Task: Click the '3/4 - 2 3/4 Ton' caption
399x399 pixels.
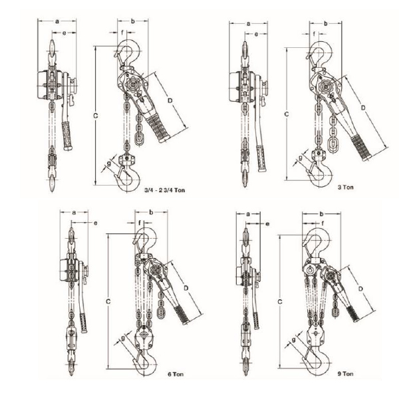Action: coord(165,190)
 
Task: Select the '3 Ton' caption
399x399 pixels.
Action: coord(346,188)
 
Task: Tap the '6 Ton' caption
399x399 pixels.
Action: coord(176,374)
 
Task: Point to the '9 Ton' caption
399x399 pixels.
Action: coord(346,374)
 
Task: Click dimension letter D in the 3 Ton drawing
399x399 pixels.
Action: coord(363,108)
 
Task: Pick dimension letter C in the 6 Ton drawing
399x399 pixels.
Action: coord(108,301)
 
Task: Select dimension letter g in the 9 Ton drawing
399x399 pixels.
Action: coord(293,340)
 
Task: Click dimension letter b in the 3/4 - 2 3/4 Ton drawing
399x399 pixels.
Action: coord(132,21)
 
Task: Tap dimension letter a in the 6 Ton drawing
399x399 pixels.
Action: coord(74,213)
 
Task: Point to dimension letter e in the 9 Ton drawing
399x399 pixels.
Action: coord(267,224)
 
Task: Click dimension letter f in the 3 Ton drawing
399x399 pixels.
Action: coord(314,34)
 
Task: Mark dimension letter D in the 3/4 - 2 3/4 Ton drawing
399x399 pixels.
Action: coord(170,100)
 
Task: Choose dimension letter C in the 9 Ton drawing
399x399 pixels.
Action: coord(280,302)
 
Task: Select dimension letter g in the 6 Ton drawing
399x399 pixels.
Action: coord(122,338)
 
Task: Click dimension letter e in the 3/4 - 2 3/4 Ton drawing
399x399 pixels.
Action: coord(64,33)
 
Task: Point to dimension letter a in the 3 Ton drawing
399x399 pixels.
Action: coord(248,24)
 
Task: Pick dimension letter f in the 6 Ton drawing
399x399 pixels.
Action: coord(140,223)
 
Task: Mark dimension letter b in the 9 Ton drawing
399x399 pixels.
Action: coord(321,214)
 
